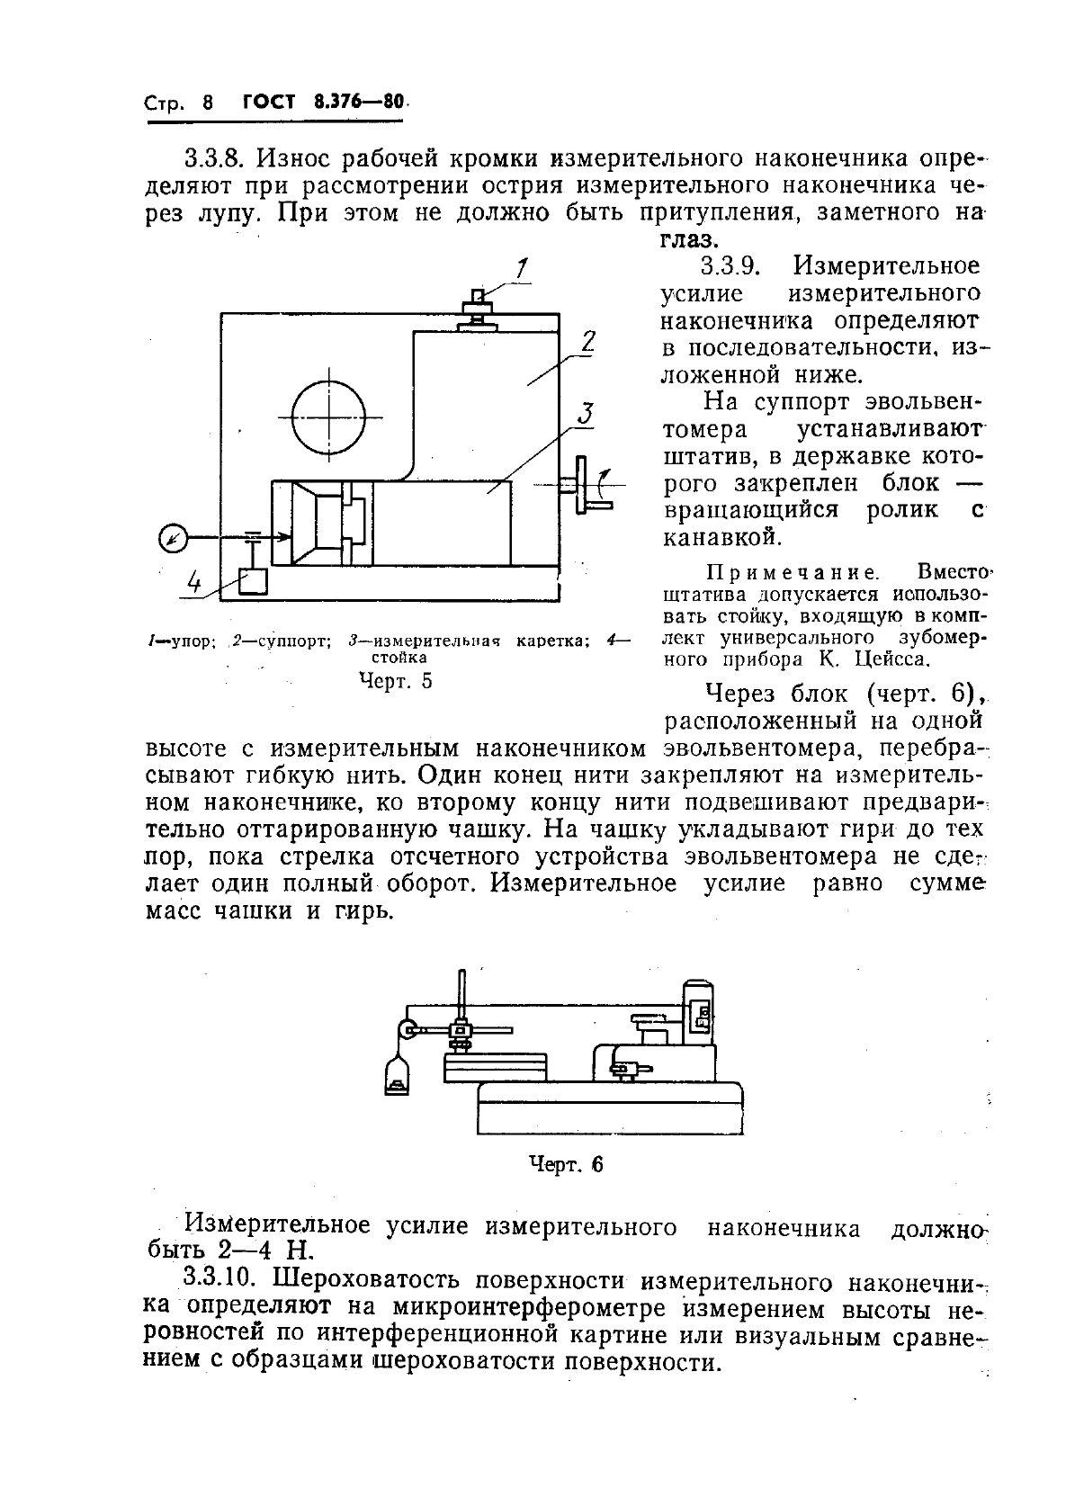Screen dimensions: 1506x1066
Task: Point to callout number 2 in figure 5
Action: point(588,342)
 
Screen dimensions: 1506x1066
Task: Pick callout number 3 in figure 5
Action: point(585,414)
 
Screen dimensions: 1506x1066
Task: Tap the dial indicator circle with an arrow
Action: point(172,539)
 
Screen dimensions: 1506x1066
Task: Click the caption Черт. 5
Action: point(395,681)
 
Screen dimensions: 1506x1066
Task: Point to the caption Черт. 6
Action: point(564,1165)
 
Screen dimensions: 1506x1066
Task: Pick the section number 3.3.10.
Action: point(221,1278)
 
